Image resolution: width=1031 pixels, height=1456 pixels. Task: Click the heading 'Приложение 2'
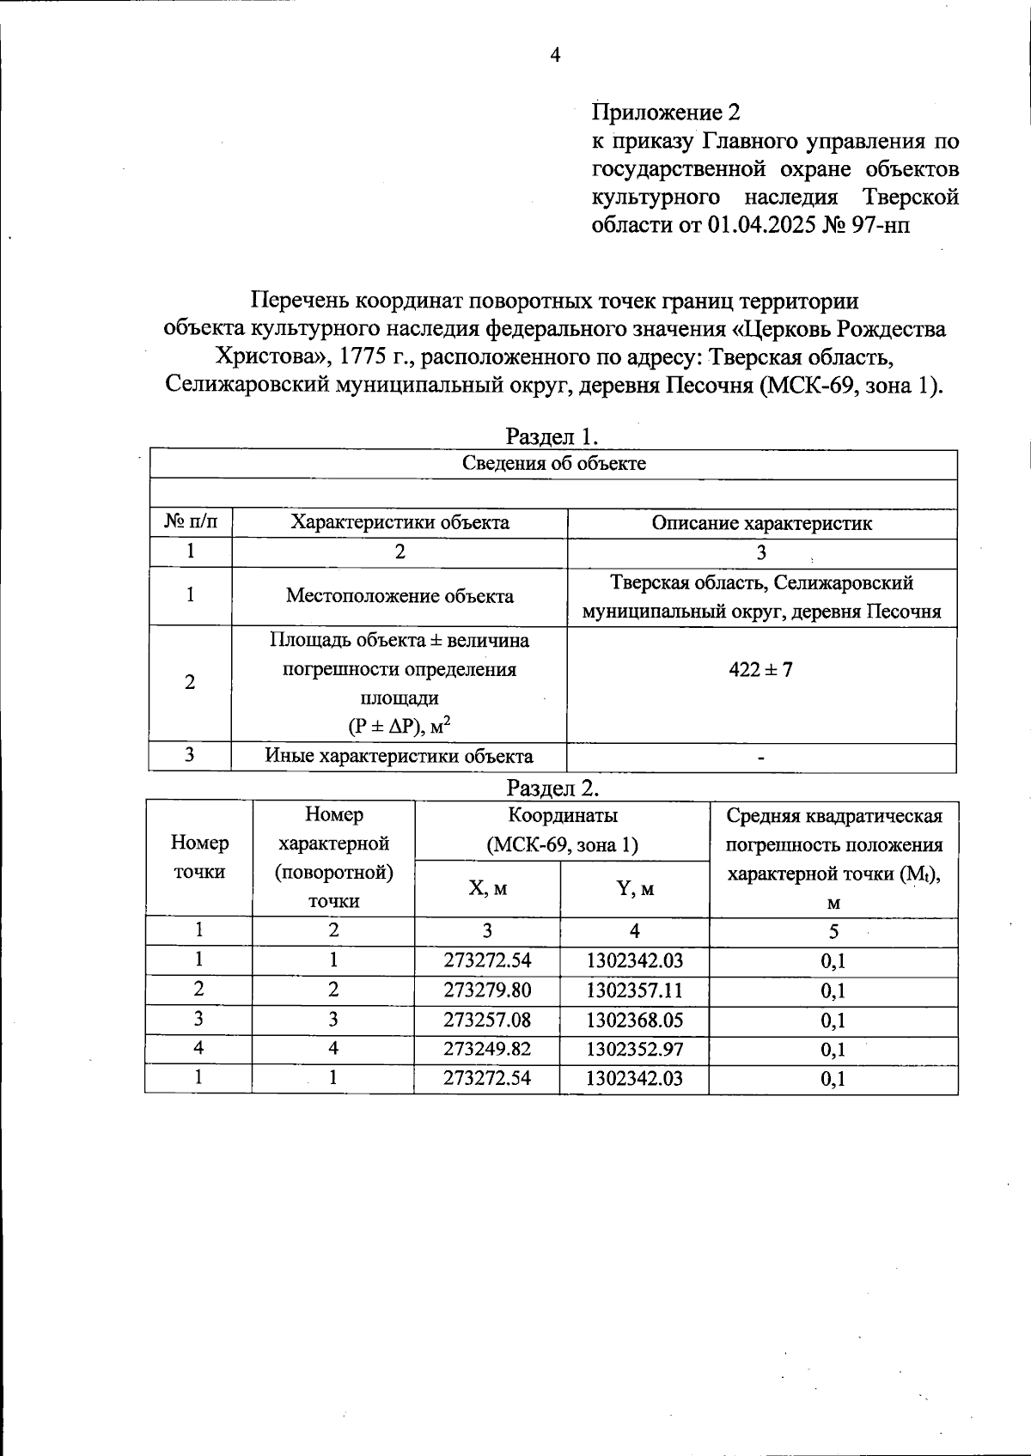[x=666, y=113]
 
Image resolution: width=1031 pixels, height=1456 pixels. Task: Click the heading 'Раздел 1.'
[x=552, y=436]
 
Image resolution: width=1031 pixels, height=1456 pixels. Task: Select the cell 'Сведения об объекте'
[x=554, y=464]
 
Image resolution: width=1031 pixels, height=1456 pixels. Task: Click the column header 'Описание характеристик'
[x=761, y=523]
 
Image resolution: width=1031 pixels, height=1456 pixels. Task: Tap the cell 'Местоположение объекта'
[x=400, y=596]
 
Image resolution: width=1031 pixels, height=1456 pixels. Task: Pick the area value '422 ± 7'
[x=761, y=669]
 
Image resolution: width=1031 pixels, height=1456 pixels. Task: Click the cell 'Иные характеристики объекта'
[x=399, y=757]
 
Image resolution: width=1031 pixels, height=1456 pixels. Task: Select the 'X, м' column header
[x=487, y=888]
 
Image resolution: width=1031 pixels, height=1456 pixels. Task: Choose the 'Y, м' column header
[x=635, y=889]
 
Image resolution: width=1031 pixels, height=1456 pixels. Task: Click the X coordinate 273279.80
[x=487, y=990]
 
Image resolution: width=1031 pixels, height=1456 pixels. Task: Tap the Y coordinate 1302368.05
[x=634, y=1020]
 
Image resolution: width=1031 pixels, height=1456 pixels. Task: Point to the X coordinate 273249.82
[x=487, y=1050]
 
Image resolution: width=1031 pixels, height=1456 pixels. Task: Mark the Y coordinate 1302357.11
[x=634, y=990]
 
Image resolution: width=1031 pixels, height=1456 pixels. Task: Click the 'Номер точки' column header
[x=199, y=857]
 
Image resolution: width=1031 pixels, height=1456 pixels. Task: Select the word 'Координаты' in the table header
[x=562, y=815]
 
